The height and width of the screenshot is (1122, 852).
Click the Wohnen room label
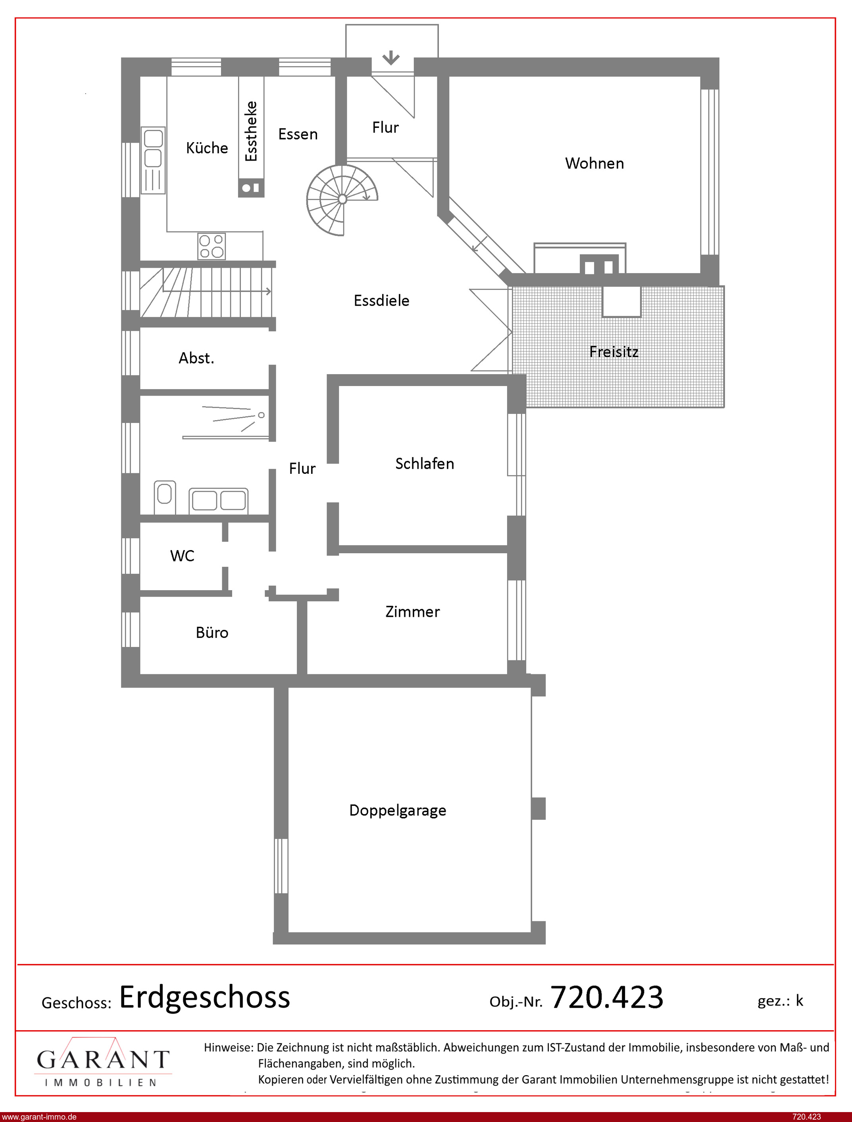[x=594, y=163]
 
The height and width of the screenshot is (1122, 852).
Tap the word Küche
[x=207, y=148]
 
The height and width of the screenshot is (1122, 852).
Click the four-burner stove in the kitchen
[x=212, y=246]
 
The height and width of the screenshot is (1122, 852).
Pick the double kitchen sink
[x=153, y=160]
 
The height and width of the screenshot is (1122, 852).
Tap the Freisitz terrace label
[x=614, y=351]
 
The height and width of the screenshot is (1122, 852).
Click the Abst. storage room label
[x=196, y=358]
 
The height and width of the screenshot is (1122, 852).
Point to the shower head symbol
[x=261, y=415]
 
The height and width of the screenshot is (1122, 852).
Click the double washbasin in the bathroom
[x=219, y=500]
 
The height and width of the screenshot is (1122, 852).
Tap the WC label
[x=182, y=556]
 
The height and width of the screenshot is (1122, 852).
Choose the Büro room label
[x=212, y=632]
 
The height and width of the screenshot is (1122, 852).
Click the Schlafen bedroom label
[x=425, y=463]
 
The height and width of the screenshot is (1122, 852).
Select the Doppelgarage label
[x=398, y=810]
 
